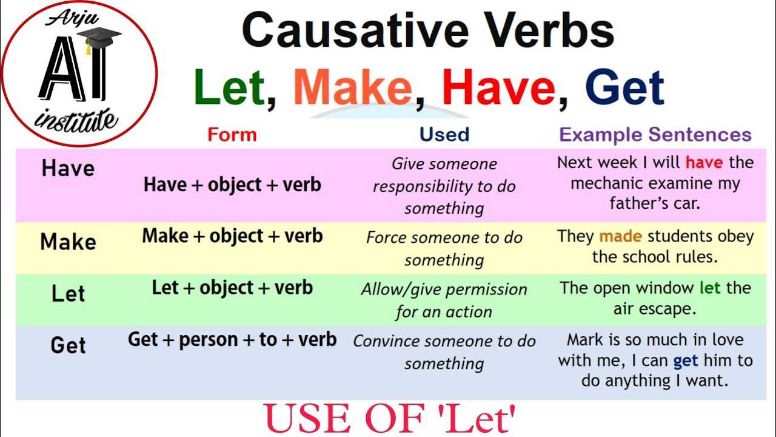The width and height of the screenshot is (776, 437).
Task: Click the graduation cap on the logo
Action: [x=99, y=40]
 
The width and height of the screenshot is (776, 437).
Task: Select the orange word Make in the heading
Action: [x=353, y=87]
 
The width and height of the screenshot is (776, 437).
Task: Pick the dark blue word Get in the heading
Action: [x=624, y=87]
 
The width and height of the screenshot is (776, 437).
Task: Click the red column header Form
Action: [x=232, y=135]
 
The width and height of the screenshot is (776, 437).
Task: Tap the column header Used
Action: [x=444, y=135]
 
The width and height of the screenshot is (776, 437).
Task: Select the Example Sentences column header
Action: [x=655, y=135]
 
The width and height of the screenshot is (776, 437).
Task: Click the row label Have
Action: [x=68, y=169]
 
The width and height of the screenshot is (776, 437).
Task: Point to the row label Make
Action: [x=68, y=242]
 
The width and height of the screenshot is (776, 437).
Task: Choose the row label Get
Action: [x=68, y=345]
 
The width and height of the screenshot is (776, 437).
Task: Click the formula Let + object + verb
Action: [x=232, y=288]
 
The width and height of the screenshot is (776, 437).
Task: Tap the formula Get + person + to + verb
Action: [x=232, y=340]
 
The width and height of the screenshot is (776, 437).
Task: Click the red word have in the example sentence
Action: [x=704, y=163]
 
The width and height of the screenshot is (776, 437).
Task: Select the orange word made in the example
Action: [x=620, y=237]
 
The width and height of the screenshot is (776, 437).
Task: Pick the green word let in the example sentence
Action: [x=710, y=288]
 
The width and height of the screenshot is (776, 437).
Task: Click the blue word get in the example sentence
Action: [x=686, y=361]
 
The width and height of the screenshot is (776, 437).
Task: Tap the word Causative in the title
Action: [x=355, y=30]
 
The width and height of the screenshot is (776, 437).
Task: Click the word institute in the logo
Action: [x=76, y=120]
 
